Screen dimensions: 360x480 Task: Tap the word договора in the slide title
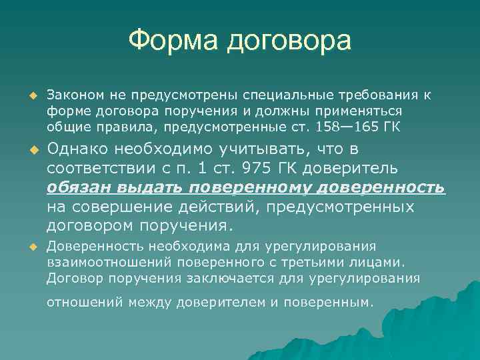pyautogui.click(x=288, y=41)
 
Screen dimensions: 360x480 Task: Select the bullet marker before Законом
pyautogui.click(x=30, y=95)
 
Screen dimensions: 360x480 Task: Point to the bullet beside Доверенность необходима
pyautogui.click(x=30, y=247)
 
